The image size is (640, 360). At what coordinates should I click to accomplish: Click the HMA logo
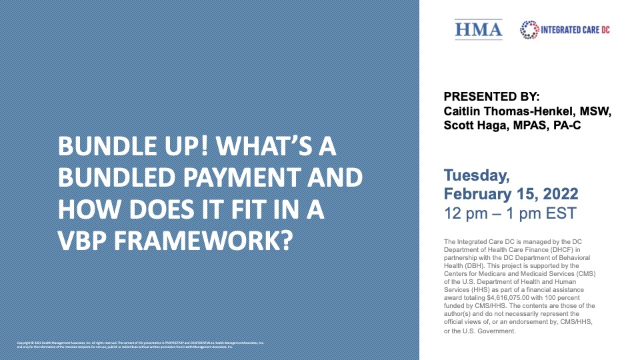479,29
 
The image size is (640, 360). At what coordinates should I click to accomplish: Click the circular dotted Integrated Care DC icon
529,29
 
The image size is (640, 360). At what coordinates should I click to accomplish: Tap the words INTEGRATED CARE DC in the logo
575,30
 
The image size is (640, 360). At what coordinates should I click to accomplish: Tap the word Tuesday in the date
477,176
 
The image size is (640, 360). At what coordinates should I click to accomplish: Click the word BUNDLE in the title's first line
101,146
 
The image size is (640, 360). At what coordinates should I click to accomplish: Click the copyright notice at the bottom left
140,345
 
